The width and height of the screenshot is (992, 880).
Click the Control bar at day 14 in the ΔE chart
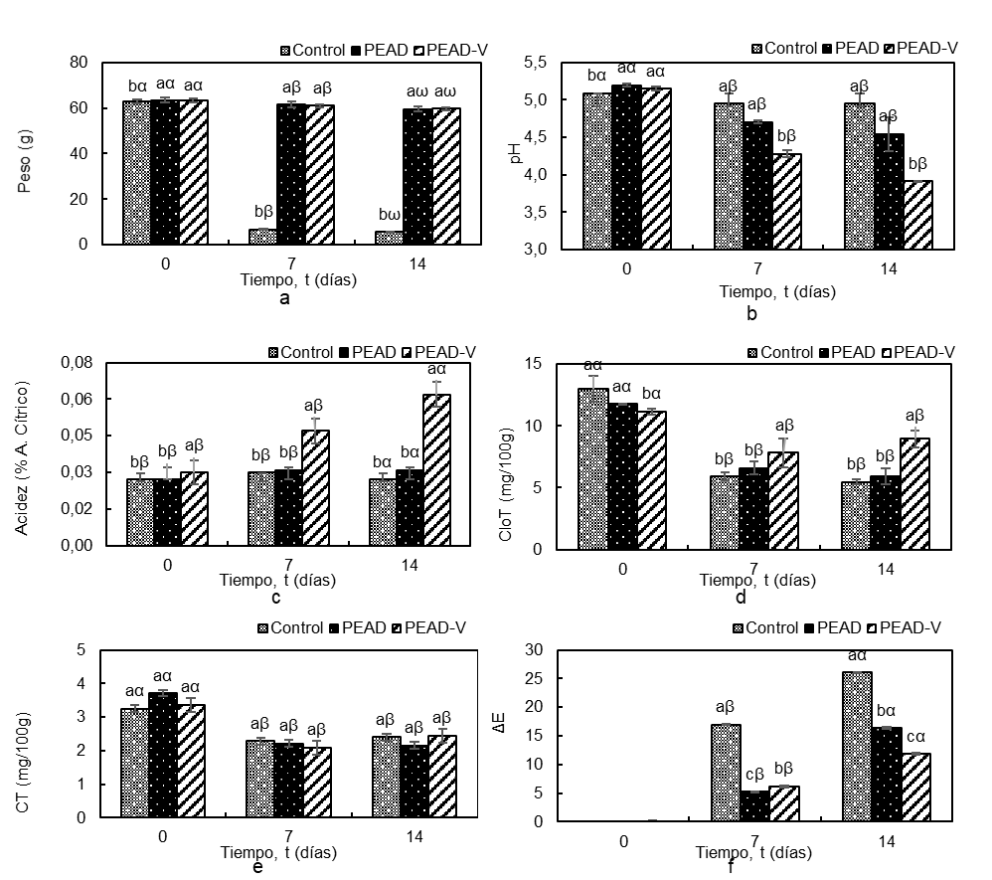click(856, 747)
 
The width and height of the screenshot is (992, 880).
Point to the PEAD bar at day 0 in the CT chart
click(163, 755)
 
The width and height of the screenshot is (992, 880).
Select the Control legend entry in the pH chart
click(787, 48)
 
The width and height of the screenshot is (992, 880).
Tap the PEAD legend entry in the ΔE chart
click(851, 627)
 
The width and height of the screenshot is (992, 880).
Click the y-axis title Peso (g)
click(26, 154)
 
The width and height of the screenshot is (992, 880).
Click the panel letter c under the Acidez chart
click(274, 598)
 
